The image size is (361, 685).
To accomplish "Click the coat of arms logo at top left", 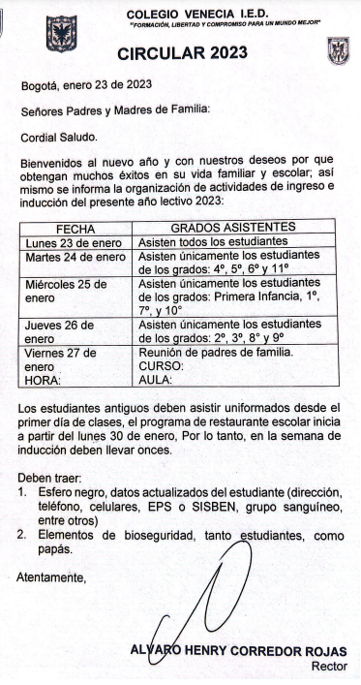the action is (60, 31).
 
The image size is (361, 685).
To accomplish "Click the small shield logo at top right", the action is (338, 49).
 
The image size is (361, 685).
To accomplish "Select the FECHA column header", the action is (75, 227).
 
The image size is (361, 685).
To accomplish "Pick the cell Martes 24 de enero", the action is (75, 257).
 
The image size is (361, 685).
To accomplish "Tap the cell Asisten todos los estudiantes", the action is (213, 240).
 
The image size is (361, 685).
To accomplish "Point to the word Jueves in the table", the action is (46, 326).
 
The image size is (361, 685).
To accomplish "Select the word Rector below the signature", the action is (328, 668).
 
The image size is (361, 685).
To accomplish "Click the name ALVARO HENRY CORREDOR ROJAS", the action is (238, 652).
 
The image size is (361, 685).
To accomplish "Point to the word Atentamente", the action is (51, 578).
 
